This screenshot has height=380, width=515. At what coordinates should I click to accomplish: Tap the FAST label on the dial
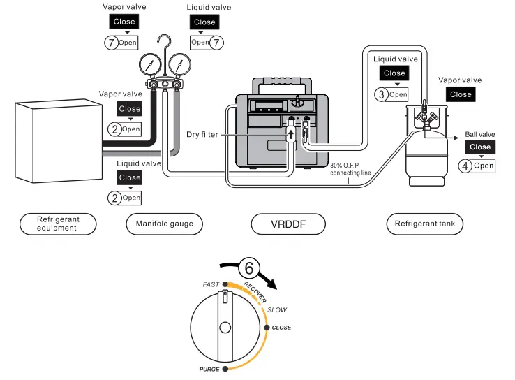click(211, 284)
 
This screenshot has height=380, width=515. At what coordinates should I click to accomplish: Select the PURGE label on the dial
click(209, 369)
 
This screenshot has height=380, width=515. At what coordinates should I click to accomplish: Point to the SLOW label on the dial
click(277, 309)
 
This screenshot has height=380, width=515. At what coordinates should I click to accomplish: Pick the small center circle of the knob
click(225, 328)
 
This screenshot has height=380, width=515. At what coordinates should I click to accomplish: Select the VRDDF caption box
click(288, 224)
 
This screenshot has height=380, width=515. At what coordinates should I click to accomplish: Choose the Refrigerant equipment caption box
click(59, 224)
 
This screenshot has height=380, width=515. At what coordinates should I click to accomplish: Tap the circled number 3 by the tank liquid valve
click(381, 94)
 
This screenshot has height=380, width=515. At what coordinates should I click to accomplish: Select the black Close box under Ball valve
click(480, 147)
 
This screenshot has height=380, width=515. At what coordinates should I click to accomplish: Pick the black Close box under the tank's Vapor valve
click(461, 94)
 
